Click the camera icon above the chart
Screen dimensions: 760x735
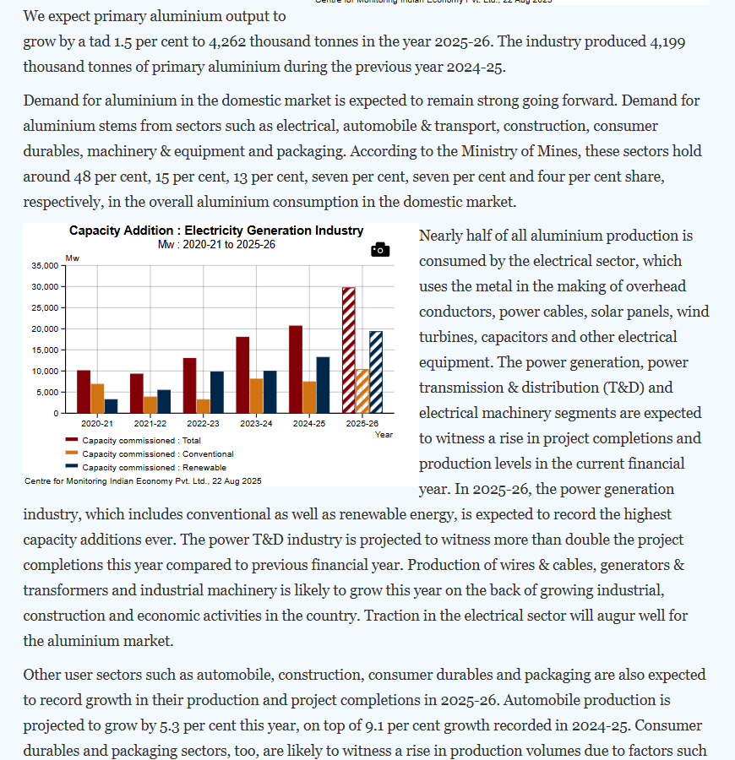[380, 250]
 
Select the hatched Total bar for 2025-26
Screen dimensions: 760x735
[348, 350]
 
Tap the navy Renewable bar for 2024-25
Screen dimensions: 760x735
[323, 385]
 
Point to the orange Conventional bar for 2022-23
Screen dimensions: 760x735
[203, 406]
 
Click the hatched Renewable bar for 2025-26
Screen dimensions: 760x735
[375, 372]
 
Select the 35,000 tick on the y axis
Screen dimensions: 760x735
[46, 265]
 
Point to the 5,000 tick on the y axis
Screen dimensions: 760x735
[48, 392]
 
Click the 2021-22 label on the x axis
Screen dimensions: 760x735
[150, 423]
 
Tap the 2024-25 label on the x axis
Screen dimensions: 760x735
[308, 423]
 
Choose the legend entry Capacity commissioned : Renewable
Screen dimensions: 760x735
[154, 467]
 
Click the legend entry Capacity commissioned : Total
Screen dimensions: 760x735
[141, 440]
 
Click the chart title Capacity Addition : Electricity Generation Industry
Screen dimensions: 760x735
[216, 231]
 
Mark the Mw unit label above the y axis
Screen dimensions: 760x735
[72, 257]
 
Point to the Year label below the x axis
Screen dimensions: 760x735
[384, 434]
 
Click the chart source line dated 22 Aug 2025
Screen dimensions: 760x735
[143, 480]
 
